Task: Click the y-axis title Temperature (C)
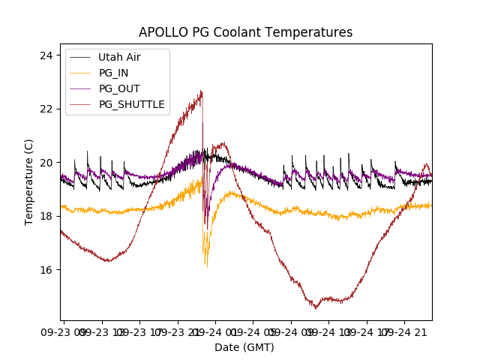click(29, 181)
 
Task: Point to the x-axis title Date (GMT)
click(244, 347)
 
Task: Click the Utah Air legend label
click(119, 57)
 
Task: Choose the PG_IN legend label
click(114, 73)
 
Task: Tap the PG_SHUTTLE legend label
click(132, 104)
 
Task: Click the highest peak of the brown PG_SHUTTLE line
click(202, 91)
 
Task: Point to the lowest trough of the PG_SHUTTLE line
click(316, 307)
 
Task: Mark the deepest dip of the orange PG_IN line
click(206, 266)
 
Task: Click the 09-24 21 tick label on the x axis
click(410, 331)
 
